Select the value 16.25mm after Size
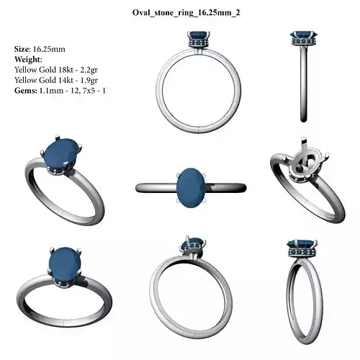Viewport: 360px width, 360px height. pyautogui.click(x=48, y=49)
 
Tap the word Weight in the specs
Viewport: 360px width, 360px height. pyautogui.click(x=28, y=59)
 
